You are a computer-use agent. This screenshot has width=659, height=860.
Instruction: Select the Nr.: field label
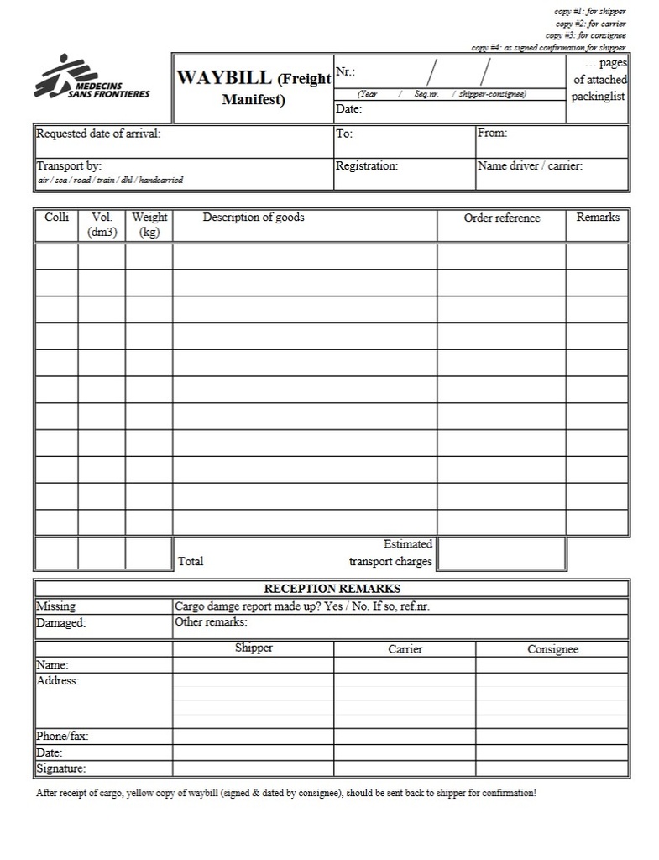[x=345, y=71]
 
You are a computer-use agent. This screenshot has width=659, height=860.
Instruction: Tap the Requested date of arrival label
[x=98, y=134]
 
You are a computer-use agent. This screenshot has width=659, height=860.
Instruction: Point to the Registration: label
[x=367, y=166]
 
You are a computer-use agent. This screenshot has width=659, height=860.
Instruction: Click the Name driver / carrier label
[x=530, y=166]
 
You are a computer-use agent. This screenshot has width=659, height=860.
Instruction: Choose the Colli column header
[x=56, y=218]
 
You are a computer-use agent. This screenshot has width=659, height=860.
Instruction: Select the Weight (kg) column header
[x=149, y=224]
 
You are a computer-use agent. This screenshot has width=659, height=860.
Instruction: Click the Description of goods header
[x=254, y=218]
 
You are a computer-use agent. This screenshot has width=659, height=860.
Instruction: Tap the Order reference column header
[x=502, y=218]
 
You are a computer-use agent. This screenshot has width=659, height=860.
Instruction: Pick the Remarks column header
[x=598, y=218]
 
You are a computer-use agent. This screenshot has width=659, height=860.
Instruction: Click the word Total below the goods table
[x=191, y=561]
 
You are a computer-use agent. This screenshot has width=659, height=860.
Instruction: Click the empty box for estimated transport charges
[x=501, y=553]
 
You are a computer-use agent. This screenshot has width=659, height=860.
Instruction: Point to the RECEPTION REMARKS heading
[x=332, y=589]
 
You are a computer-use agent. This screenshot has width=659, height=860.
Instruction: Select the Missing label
[x=55, y=606]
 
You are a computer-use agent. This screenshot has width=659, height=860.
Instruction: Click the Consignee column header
[x=552, y=649]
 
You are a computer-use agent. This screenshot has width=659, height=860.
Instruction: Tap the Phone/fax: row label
[x=62, y=737]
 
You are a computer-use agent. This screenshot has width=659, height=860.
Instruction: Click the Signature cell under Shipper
[x=253, y=768]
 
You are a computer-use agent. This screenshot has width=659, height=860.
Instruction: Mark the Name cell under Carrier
[x=405, y=665]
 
